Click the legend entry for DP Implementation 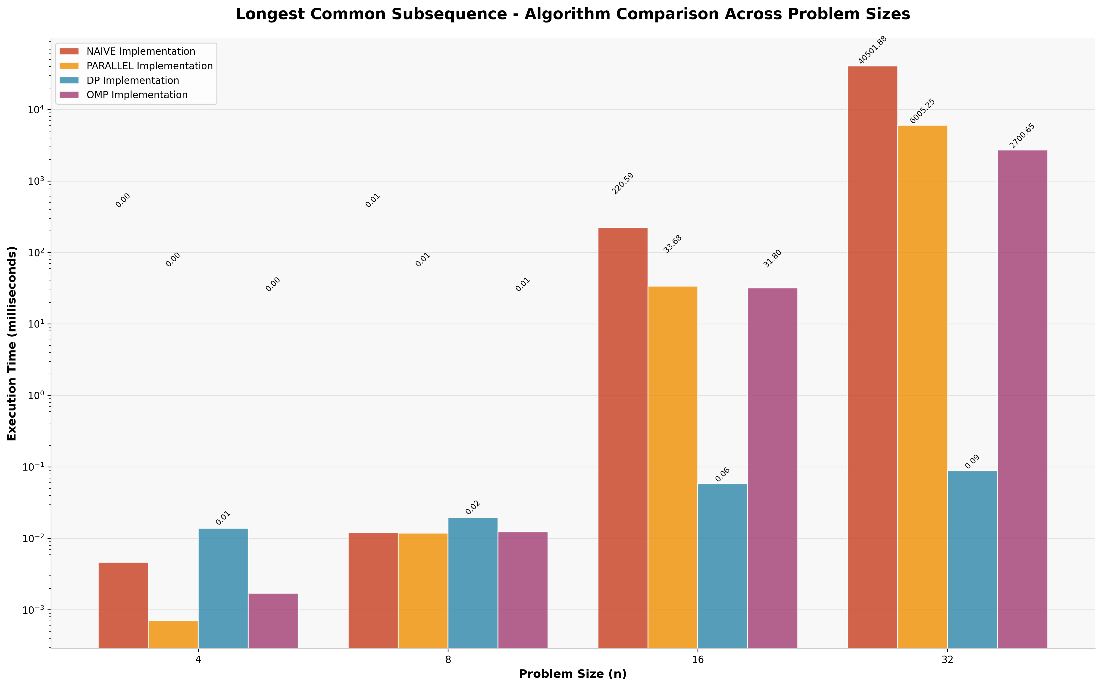pyautogui.click(x=133, y=80)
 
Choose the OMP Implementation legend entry pyautogui.click(x=137, y=95)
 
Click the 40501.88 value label pyautogui.click(x=873, y=50)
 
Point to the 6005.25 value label pyautogui.click(x=923, y=111)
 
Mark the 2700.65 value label pyautogui.click(x=1022, y=136)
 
